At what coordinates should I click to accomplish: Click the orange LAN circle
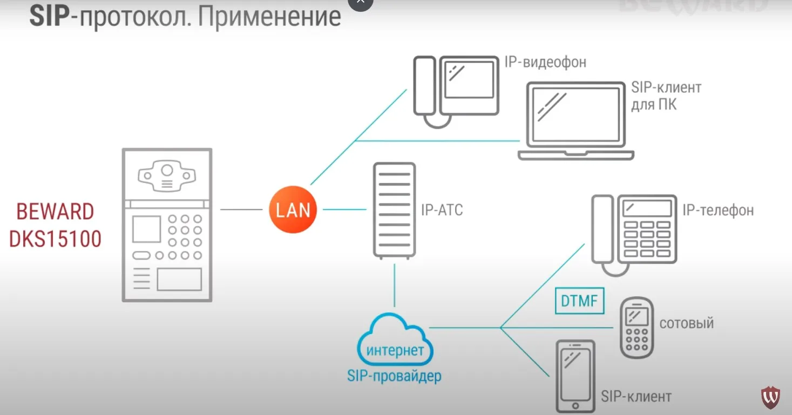click(293, 209)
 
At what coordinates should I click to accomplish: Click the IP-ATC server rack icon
click(394, 210)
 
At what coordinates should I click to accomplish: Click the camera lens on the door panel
click(167, 171)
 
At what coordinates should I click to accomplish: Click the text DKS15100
click(56, 239)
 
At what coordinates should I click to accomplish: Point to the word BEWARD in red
click(55, 212)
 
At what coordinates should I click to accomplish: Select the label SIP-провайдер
click(394, 376)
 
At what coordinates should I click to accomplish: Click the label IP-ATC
click(442, 210)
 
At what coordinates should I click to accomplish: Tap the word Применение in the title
click(269, 17)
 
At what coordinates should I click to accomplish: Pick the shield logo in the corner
click(770, 398)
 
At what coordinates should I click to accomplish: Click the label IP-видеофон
click(545, 62)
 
